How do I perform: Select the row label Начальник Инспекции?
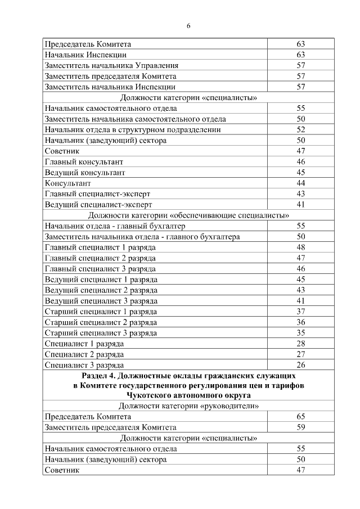85,55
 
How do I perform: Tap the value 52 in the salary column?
300,129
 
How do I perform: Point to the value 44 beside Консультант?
300,183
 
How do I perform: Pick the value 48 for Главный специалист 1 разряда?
300,247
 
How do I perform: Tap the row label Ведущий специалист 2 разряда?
101,290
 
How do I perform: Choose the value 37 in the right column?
300,311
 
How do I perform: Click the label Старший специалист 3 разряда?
101,333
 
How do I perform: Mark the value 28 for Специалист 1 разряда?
300,343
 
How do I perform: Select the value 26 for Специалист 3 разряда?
300,364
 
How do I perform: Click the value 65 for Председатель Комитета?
300,416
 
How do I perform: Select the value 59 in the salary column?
300,427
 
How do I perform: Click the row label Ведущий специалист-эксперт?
98,205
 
